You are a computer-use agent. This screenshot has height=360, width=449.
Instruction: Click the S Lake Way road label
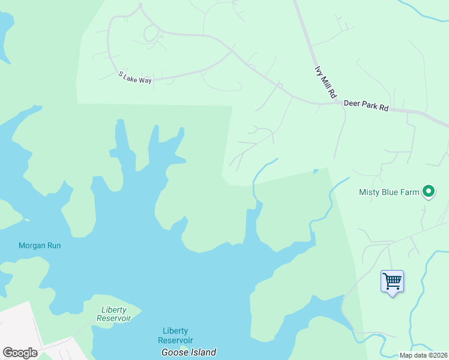pyautogui.click(x=135, y=77)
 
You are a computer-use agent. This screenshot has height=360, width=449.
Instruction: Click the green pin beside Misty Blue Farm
pyautogui.click(x=429, y=192)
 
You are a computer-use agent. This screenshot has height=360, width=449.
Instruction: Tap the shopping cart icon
pyautogui.click(x=392, y=280)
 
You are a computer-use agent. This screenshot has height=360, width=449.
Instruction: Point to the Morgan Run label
pyautogui.click(x=40, y=245)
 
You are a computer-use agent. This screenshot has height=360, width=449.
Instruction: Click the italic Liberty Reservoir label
pyautogui.click(x=114, y=314)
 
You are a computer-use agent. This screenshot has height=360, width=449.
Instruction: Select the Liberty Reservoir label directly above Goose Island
pyautogui.click(x=175, y=335)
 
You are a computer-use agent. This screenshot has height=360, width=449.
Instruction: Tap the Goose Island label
pyautogui.click(x=188, y=352)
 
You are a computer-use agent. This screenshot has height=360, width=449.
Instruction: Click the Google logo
pyautogui.click(x=20, y=353)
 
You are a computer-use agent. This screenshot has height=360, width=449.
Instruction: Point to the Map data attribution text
pyautogui.click(x=423, y=355)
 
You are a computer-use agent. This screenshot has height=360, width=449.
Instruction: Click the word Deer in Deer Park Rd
pyautogui.click(x=352, y=104)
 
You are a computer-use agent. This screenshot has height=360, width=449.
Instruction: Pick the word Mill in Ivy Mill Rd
pyautogui.click(x=325, y=82)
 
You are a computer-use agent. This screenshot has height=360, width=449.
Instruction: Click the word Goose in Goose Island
pyautogui.click(x=175, y=352)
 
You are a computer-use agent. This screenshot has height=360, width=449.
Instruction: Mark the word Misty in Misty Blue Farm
pyautogui.click(x=369, y=193)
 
